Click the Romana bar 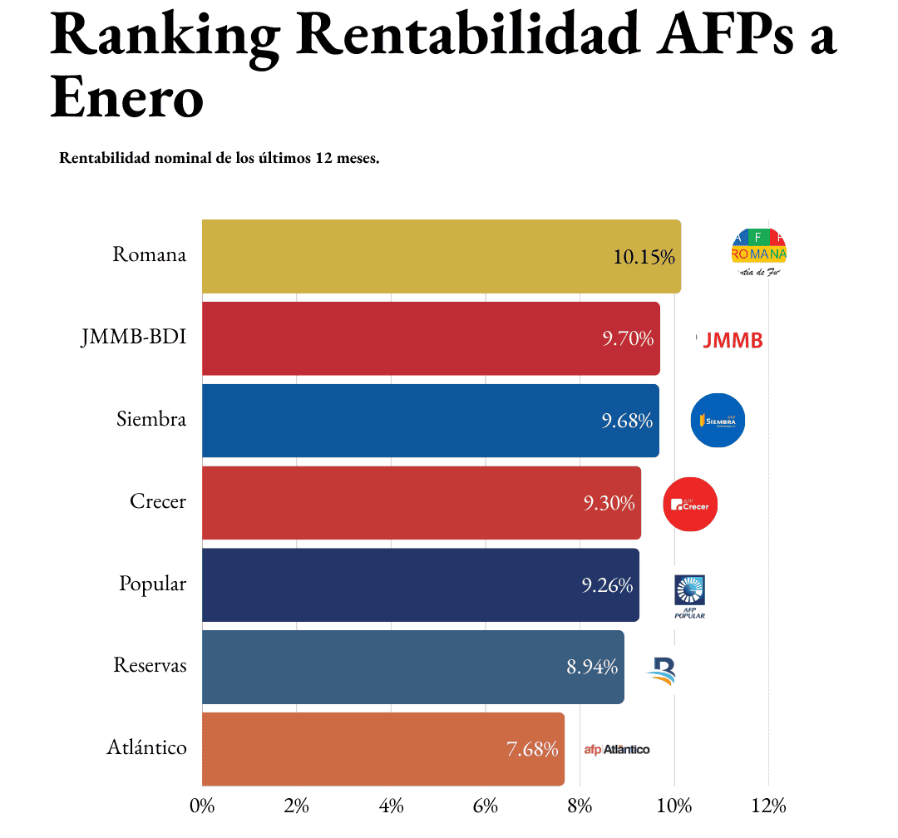point(441,256)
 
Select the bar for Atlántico point(382,749)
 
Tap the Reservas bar point(412,667)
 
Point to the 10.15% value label point(644,257)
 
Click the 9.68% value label point(627,421)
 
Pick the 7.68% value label point(532,749)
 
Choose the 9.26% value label point(607,585)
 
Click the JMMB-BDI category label point(134,338)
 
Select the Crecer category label point(158,502)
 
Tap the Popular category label point(152,584)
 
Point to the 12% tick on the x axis point(768,806)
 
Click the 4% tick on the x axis point(391,806)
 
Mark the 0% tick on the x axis point(202,806)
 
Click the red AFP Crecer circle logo point(690,504)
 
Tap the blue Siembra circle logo point(718,420)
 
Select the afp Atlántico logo point(617,749)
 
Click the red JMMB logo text point(732,339)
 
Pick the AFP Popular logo point(689,595)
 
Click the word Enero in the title point(127,98)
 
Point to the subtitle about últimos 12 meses point(220,158)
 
